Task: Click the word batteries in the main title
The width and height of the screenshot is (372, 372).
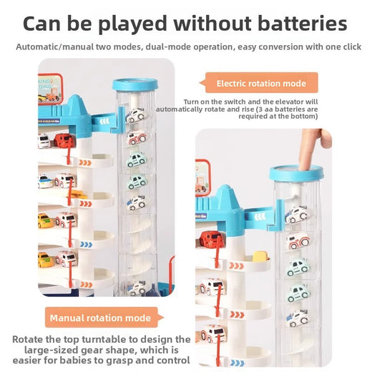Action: tap(302, 24)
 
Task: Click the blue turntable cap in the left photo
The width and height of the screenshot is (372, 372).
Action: tap(135, 84)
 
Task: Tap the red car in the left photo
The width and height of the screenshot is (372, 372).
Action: tap(64, 140)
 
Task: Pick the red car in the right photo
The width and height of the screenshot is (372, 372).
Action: tap(212, 239)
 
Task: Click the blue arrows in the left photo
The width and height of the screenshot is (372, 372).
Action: tap(86, 245)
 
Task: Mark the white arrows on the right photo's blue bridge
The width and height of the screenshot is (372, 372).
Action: tap(260, 217)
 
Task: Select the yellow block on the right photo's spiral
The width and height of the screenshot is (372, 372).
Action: tap(260, 256)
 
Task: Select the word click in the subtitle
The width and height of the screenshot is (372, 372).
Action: tap(352, 46)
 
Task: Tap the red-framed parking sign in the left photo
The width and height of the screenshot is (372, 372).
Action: tap(50, 89)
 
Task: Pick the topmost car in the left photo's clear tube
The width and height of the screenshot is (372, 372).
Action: tap(135, 115)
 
